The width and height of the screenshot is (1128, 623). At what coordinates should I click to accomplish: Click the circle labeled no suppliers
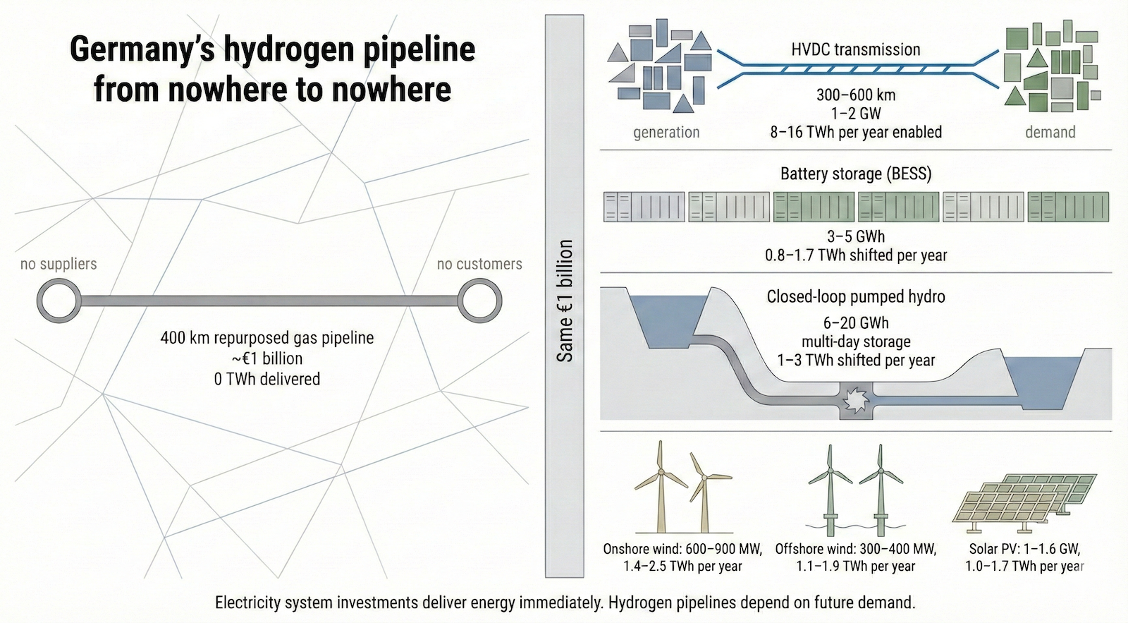coord(59,301)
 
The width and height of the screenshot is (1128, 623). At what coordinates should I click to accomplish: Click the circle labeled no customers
coord(479,301)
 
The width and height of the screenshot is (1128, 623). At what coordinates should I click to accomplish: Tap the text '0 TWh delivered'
coord(267,379)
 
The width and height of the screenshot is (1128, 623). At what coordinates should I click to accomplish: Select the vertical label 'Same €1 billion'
coord(565,301)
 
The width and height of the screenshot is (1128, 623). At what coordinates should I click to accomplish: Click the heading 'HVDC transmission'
coord(856,49)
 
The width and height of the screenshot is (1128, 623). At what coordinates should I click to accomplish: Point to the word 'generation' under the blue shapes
coord(666,132)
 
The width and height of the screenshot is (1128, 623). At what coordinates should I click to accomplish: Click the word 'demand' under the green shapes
coord(1050,132)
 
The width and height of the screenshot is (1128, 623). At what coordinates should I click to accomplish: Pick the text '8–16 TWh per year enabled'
coord(856,132)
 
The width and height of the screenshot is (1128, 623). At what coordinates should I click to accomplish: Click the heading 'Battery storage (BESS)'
coord(856,174)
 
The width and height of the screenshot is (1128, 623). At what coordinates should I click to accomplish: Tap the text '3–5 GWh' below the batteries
coord(856,236)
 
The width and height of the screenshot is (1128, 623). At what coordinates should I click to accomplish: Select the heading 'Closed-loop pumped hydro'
coord(856,296)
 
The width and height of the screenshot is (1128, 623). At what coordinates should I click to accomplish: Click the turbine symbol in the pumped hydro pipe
coord(856,401)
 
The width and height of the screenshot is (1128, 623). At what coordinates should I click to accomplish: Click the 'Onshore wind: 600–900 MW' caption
coord(682,549)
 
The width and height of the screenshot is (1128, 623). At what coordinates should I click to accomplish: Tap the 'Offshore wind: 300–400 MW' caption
coord(856,549)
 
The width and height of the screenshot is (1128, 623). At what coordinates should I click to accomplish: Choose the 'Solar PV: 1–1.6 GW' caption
coord(1024,549)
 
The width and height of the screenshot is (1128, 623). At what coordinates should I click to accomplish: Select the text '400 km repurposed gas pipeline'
coord(267,338)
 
